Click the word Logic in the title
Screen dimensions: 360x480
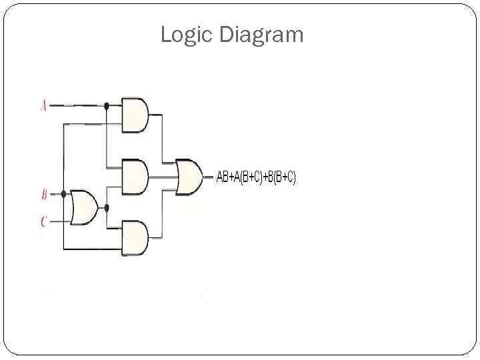[185, 35]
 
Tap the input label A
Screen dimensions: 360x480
[44, 105]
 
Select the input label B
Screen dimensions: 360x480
[44, 195]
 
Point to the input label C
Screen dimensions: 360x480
[44, 221]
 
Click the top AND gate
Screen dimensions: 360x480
[135, 114]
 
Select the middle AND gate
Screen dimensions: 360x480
[135, 177]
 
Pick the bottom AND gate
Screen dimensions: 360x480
[135, 238]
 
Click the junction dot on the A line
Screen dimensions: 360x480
[106, 105]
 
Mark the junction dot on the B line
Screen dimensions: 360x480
[63, 195]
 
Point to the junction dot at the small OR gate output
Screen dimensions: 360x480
[106, 207]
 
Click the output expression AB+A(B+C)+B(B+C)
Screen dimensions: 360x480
[257, 177]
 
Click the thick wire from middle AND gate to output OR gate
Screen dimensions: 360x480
[163, 177]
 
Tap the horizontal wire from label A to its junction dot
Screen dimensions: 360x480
[77, 105]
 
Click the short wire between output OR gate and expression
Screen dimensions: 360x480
[209, 177]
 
